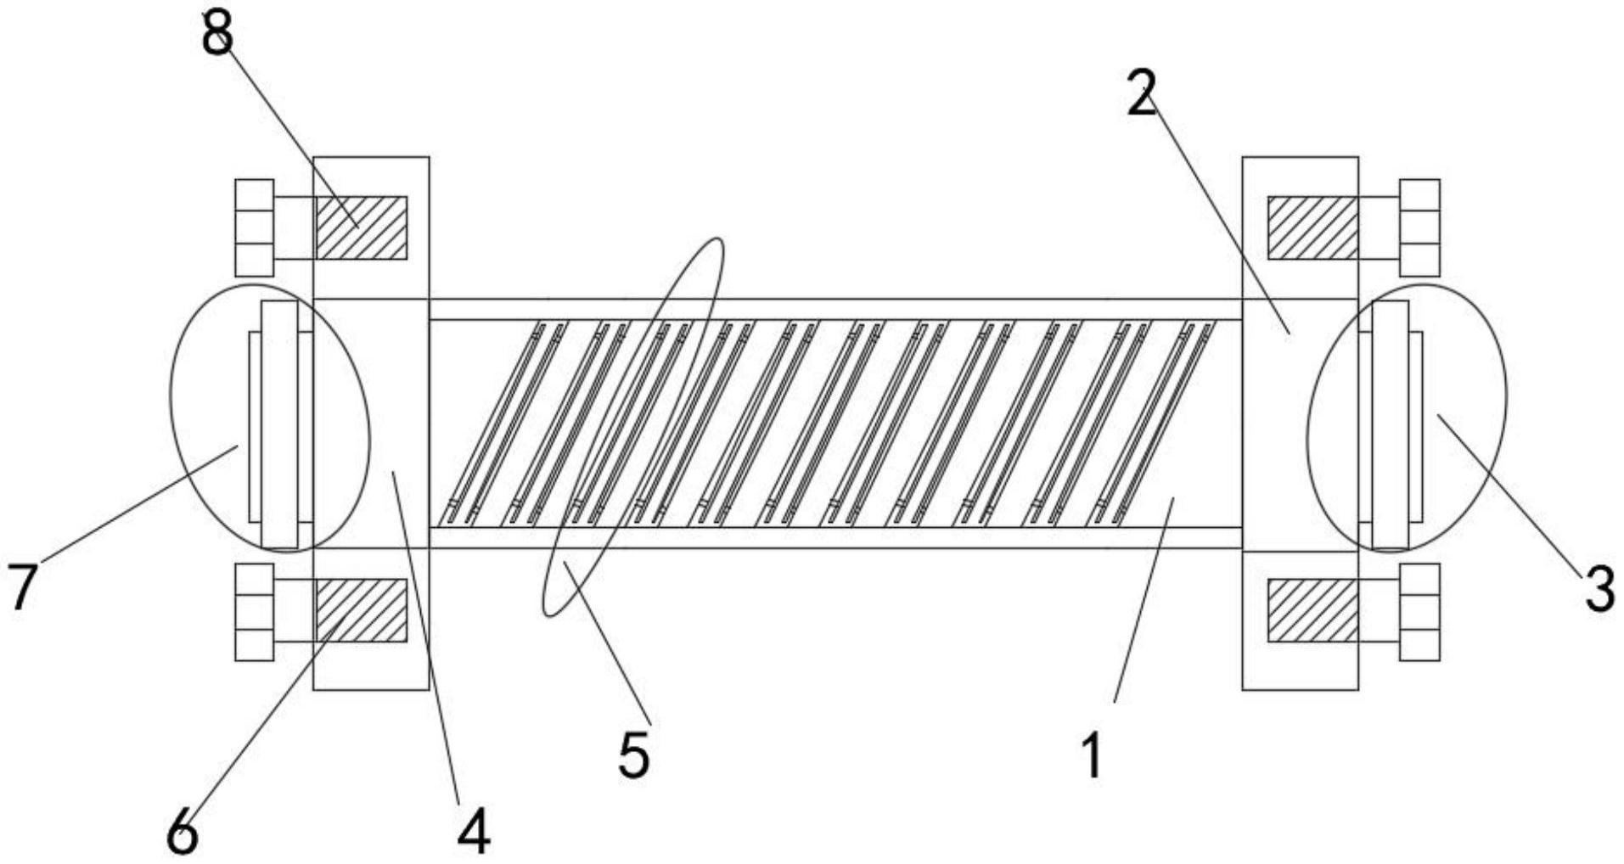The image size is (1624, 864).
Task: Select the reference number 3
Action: pos(1599,589)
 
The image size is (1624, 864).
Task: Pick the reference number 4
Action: pos(474,831)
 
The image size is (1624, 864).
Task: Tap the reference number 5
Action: pos(633,755)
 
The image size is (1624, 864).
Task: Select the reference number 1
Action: pos(1093,755)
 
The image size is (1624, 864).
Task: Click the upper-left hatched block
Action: pos(362,227)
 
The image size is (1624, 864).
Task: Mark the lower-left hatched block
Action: pos(362,610)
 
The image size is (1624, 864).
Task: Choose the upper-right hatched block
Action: pos(1312,227)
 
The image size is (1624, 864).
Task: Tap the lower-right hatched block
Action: pos(1312,610)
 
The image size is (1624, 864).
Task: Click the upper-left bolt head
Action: pos(255,227)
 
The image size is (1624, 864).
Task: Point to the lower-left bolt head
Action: pos(255,612)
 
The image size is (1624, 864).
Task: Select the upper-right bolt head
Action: pos(1419,227)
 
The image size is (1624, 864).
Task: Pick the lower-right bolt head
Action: pos(1419,612)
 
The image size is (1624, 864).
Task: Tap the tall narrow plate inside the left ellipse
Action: pos(279,424)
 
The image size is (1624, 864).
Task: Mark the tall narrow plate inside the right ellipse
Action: pos(1391,424)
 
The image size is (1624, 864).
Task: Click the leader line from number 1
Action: pos(1144,600)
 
